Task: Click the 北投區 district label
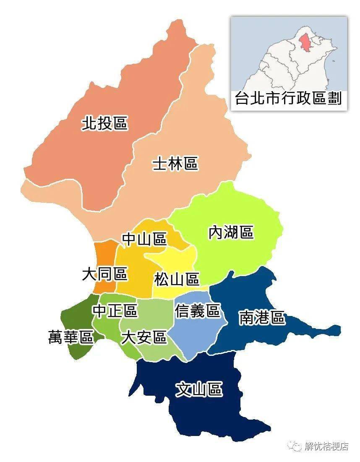[x=104, y=123]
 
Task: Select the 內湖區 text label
[x=231, y=232]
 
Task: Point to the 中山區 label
[x=144, y=239]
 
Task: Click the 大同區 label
[x=104, y=275]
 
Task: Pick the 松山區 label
[x=176, y=279]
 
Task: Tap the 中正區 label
[x=115, y=311]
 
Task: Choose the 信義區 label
[x=197, y=311]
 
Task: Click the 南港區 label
[x=262, y=318]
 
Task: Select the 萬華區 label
[x=70, y=337]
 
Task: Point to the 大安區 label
[x=143, y=337]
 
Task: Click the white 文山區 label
[x=198, y=390]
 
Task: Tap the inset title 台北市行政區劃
[x=288, y=99]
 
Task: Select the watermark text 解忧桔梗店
[x=326, y=446]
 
